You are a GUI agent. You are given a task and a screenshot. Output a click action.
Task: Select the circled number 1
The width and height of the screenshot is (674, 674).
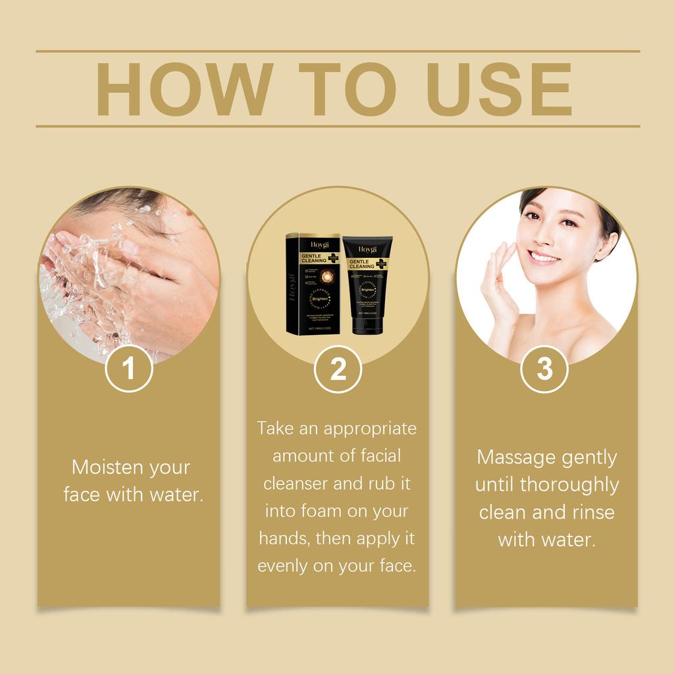click(x=129, y=369)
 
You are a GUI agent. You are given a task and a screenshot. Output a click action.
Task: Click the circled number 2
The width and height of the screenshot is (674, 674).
click(x=338, y=369)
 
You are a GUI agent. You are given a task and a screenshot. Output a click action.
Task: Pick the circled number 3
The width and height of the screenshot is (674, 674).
click(x=544, y=369)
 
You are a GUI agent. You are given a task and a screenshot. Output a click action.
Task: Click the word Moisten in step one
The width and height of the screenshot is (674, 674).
click(x=106, y=467)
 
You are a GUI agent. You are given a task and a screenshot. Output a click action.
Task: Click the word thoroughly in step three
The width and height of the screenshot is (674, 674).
click(x=569, y=485)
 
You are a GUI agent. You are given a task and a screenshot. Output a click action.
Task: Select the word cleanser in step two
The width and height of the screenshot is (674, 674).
click(x=296, y=483)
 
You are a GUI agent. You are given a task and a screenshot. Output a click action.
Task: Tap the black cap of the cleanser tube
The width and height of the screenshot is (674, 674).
click(x=367, y=326)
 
